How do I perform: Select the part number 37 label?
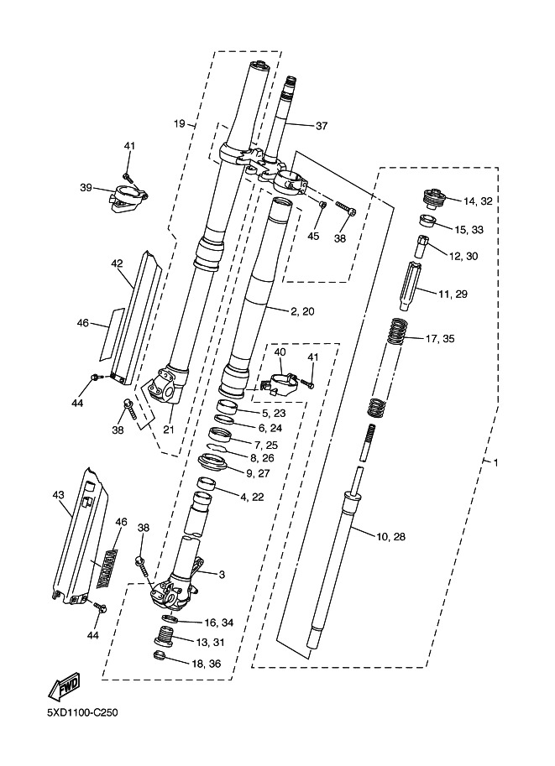(321, 127)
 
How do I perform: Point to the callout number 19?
(179, 124)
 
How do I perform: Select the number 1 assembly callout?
(495, 462)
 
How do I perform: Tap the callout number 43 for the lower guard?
(59, 495)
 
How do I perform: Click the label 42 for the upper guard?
(117, 263)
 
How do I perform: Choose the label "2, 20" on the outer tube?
(302, 311)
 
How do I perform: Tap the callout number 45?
(313, 236)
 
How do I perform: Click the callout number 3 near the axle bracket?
(223, 575)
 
